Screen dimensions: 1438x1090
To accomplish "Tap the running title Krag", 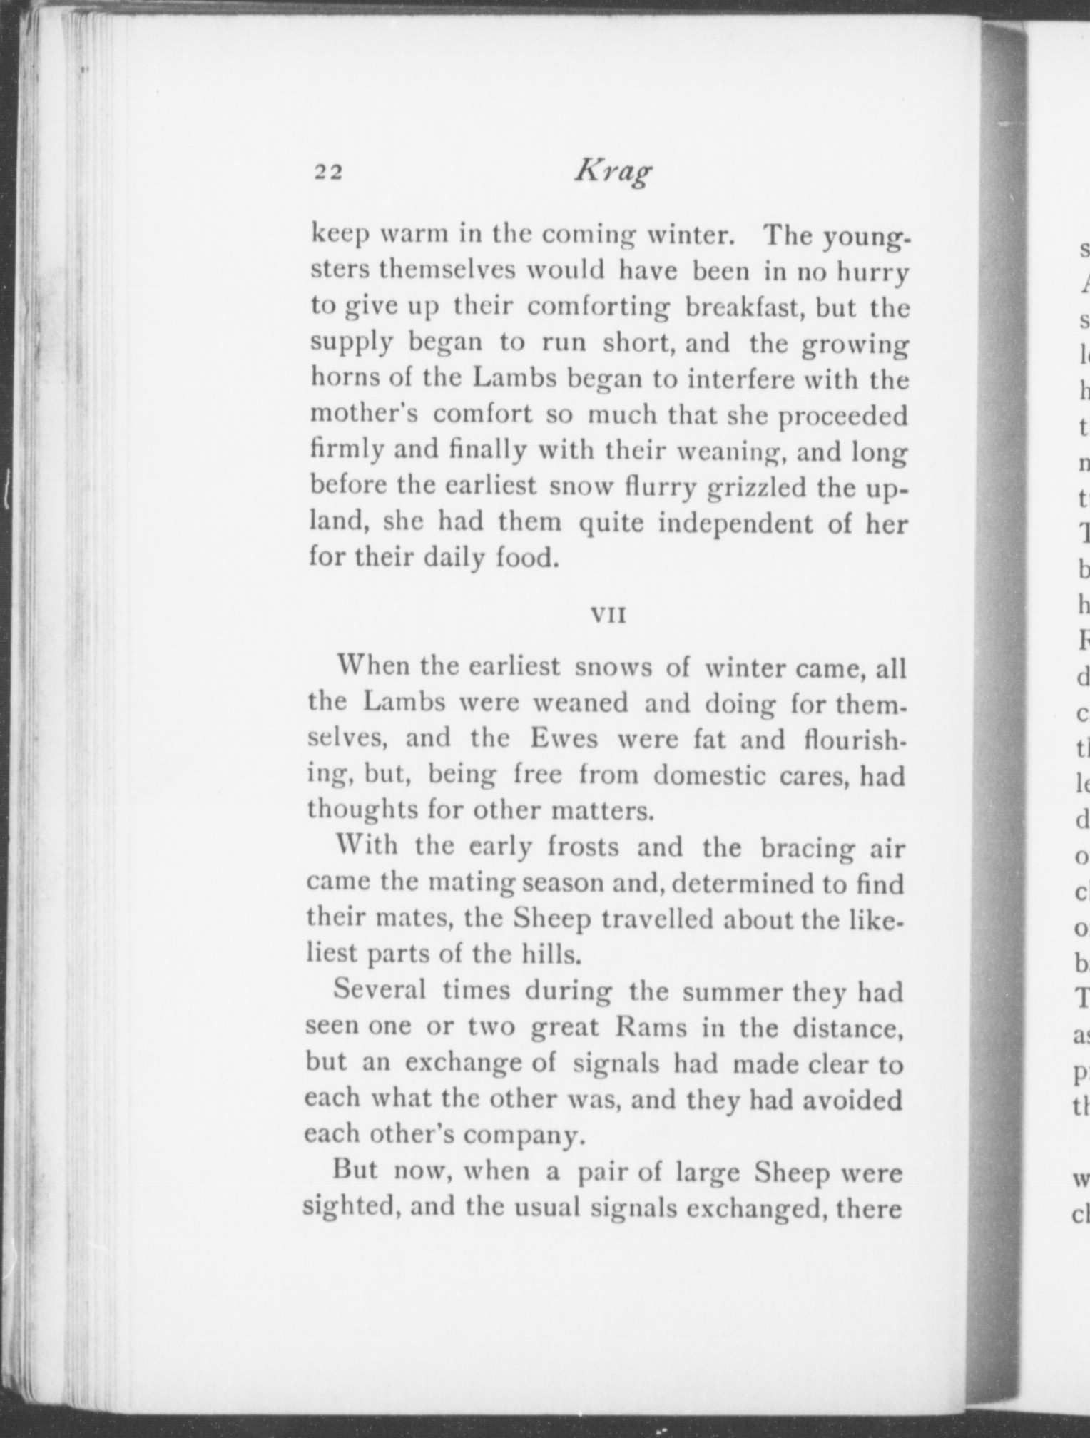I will coord(613,172).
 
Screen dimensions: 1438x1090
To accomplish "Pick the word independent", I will coord(735,524).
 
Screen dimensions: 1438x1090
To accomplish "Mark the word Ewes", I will coord(564,738).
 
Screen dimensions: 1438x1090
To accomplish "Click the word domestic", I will coord(706,775).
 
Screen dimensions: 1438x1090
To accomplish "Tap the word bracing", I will coord(807,849).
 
